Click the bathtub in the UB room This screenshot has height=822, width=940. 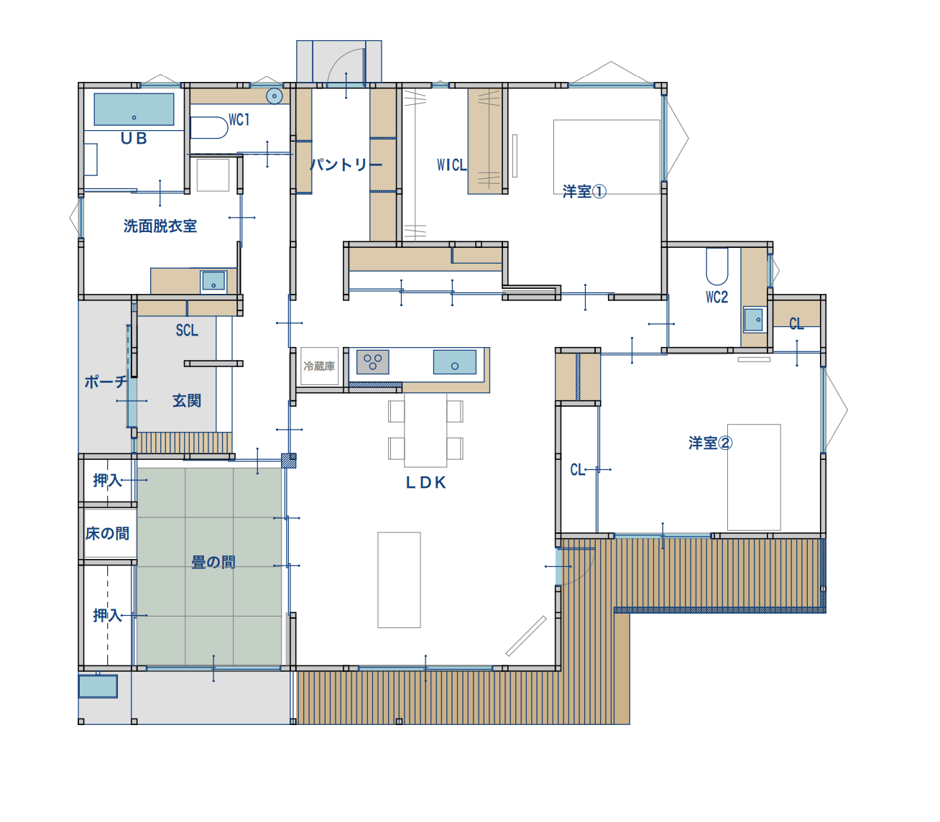[x=134, y=109]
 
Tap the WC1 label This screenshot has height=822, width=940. [x=239, y=120]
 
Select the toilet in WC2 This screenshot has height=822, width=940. [x=716, y=267]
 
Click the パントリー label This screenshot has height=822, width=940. [x=346, y=165]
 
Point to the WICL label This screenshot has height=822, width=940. [x=451, y=165]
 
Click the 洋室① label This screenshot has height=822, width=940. [x=584, y=192]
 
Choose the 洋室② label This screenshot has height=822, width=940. [x=710, y=443]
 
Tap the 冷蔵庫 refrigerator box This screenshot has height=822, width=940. [x=319, y=366]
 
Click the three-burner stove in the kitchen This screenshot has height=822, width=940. [x=372, y=362]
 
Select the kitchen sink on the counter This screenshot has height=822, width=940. [x=454, y=362]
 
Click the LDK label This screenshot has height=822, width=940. [x=426, y=482]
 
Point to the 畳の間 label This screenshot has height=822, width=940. [x=213, y=562]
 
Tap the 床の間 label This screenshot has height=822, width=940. [x=108, y=533]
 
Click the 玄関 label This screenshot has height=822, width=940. [x=187, y=400]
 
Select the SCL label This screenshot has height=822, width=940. [x=187, y=331]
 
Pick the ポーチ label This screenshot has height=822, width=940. [x=106, y=381]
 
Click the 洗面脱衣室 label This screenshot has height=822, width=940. [x=160, y=226]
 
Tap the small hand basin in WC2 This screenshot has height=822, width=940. [x=753, y=320]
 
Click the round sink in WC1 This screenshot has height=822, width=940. [x=275, y=96]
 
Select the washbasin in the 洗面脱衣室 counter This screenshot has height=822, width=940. [x=213, y=281]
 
